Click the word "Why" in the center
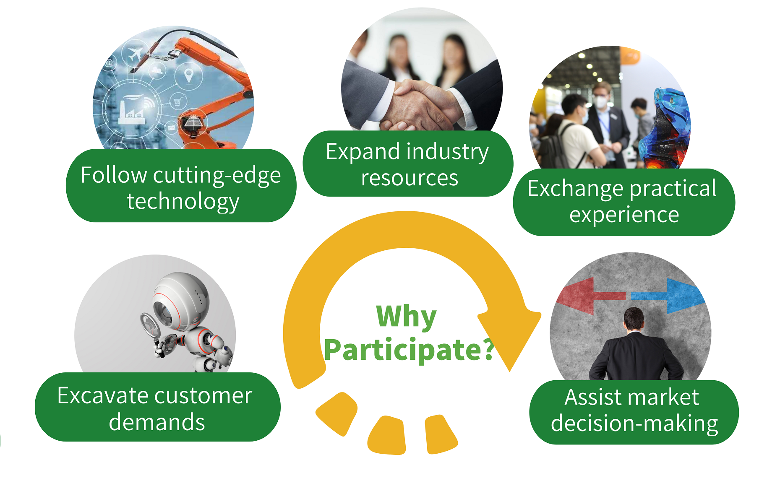click(x=406, y=317)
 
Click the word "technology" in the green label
click(x=183, y=202)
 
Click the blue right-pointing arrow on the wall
click(x=667, y=295)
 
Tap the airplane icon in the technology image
click(x=136, y=55)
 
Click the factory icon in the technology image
click(x=132, y=110)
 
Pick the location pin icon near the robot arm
click(x=189, y=75)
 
